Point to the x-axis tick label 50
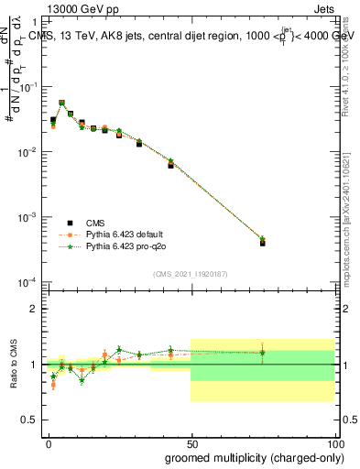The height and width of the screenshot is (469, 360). point(191,442)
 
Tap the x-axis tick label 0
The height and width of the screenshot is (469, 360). point(49,442)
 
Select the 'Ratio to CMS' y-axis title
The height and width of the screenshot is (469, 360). point(15,365)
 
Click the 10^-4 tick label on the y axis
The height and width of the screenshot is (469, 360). point(27,282)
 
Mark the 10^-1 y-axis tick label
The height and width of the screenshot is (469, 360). point(27,86)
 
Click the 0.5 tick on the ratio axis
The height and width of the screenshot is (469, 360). point(30,420)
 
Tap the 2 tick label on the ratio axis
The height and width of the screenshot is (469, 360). point(34,309)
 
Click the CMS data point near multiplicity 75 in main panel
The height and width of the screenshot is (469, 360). point(262,243)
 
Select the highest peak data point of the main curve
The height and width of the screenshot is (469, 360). point(61,103)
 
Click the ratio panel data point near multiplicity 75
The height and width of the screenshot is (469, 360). point(262,352)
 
